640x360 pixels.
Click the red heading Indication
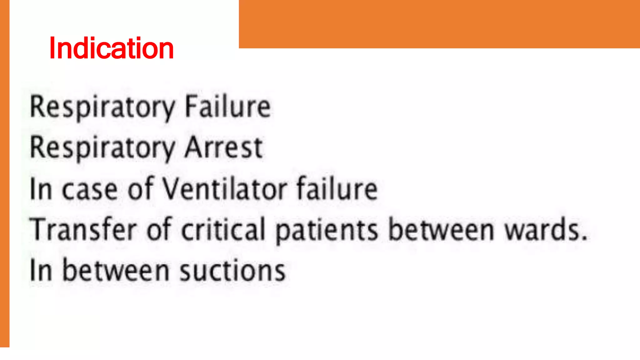pos(111,48)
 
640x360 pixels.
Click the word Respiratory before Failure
pos(102,107)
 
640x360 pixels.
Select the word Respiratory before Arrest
pos(102,148)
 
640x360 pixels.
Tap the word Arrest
pos(223,148)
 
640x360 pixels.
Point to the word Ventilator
pos(225,189)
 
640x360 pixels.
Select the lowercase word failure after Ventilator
pos(337,189)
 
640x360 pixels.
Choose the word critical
pos(223,229)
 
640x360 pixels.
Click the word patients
pos(327,231)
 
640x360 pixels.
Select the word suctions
pos(232,270)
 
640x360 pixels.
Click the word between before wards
pos(442,229)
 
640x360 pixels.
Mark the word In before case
pos(41,189)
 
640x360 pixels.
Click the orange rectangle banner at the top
pos(439,24)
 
